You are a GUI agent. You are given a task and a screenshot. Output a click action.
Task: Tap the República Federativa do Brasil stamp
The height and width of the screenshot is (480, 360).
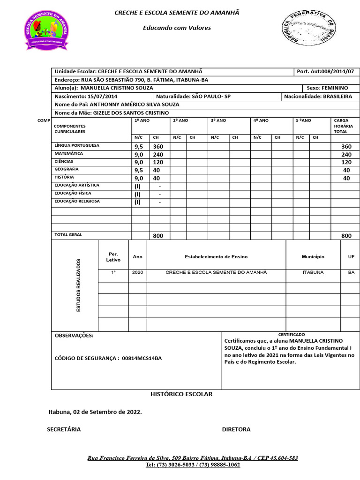(308, 28)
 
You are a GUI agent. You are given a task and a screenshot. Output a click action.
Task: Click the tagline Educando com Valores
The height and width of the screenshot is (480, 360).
(177, 28)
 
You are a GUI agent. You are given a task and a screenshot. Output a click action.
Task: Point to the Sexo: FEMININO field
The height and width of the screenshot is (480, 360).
(327, 88)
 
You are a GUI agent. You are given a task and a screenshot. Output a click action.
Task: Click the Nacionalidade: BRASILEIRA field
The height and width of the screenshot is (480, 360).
(318, 97)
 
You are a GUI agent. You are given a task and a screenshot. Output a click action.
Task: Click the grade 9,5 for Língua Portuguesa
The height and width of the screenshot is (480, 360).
(139, 147)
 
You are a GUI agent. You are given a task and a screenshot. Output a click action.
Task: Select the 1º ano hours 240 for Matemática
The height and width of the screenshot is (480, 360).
(158, 155)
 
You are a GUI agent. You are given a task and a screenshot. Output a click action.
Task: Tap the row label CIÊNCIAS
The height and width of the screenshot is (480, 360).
(64, 161)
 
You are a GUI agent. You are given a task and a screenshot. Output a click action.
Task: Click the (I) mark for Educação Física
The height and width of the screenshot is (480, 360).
(137, 194)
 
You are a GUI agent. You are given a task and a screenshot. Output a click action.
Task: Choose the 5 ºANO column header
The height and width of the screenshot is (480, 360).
(303, 120)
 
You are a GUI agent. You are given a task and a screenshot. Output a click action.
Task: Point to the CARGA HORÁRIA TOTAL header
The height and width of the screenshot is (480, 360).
(341, 126)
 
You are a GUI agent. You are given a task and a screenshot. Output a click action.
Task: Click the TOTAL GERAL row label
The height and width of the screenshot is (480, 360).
(68, 234)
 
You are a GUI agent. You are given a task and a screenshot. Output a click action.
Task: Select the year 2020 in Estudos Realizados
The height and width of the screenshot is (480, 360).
(137, 272)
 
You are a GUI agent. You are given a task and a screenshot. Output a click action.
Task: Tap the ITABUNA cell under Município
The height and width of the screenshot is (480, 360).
(313, 272)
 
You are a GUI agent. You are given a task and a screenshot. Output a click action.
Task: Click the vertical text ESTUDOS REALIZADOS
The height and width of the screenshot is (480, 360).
(79, 285)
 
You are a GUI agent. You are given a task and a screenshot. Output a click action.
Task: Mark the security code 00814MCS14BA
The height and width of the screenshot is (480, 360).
(142, 358)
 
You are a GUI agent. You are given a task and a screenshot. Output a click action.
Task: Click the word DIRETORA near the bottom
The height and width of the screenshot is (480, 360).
(236, 429)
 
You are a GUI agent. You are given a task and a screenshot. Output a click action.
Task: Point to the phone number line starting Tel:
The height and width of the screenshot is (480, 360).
(193, 465)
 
